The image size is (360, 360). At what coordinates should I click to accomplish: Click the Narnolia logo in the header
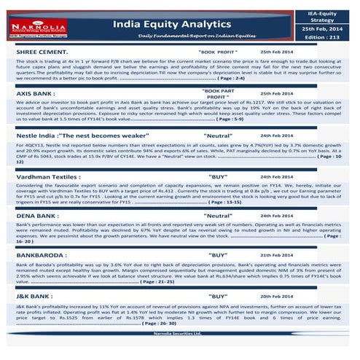click(45, 27)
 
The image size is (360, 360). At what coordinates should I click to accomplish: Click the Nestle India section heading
click(82, 136)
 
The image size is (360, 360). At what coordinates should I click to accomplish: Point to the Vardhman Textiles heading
click(47, 176)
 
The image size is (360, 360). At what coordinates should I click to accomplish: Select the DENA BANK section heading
click(38, 216)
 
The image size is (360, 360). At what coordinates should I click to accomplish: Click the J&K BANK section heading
click(34, 297)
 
